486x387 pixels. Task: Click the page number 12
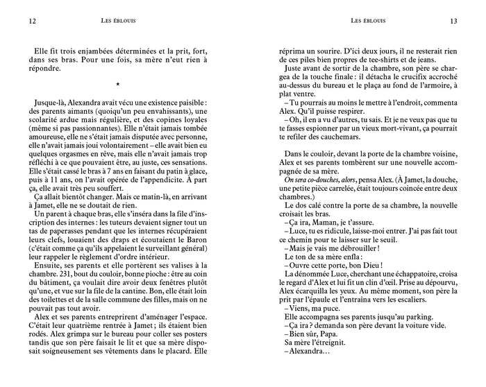(33, 21)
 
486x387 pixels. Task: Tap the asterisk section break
(119, 85)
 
